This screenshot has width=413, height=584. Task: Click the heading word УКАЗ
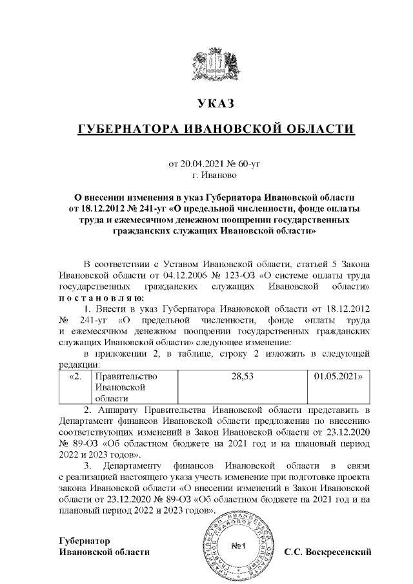[216, 103]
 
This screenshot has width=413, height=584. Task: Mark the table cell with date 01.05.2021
[335, 375]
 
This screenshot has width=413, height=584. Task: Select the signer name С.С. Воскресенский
[329, 552]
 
